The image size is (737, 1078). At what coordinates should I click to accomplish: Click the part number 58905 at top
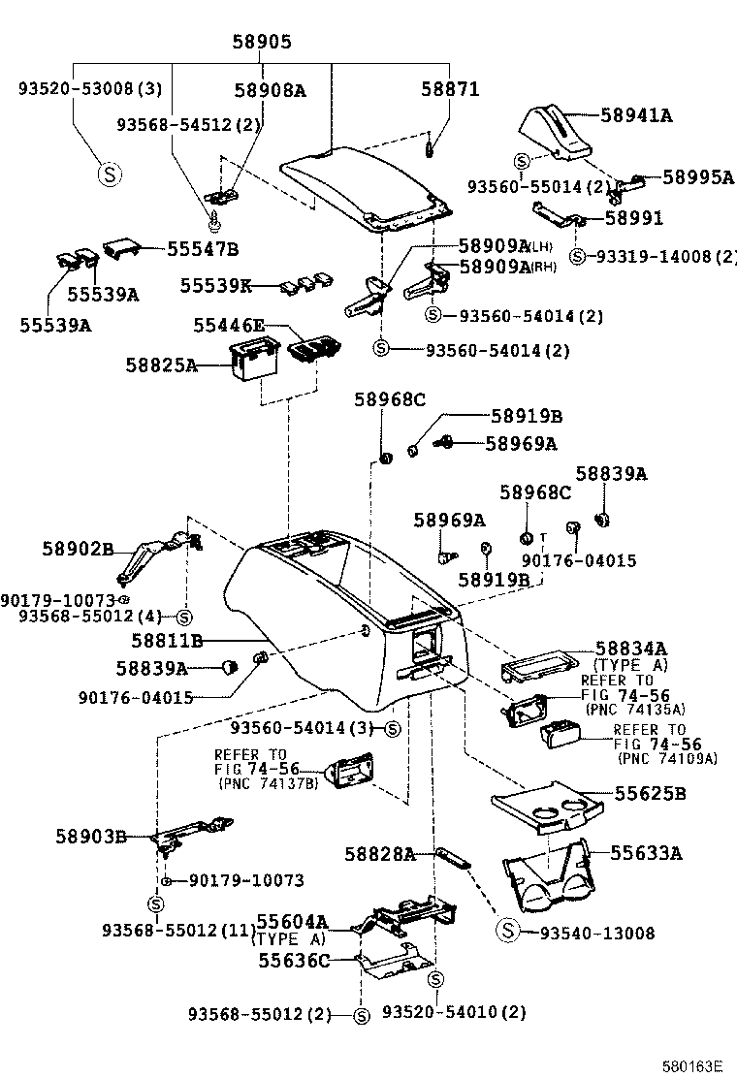point(261,42)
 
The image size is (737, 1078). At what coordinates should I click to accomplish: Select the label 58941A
point(635,115)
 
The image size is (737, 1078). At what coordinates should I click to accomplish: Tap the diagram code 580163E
point(692,1065)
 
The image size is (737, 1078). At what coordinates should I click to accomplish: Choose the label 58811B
point(168,641)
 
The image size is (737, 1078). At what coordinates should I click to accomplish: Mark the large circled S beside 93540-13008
point(507,932)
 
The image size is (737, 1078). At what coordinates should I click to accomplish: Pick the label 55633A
point(647,853)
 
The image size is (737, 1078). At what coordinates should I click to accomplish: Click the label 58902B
point(78,549)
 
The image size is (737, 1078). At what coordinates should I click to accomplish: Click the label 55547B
point(202,249)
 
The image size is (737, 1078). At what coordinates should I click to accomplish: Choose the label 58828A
point(380,854)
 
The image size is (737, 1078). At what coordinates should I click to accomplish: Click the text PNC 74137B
point(269,782)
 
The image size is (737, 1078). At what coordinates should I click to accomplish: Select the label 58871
point(449,88)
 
